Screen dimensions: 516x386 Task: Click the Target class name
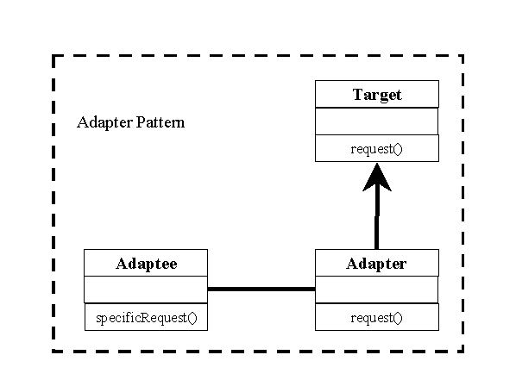click(377, 95)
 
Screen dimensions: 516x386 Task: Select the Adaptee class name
click(147, 264)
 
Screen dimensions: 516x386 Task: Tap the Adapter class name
click(376, 264)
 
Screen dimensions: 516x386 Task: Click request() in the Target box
click(376, 149)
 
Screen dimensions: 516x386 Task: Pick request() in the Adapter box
click(376, 318)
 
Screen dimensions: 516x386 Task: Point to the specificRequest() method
click(147, 318)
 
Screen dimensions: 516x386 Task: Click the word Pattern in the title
click(160, 122)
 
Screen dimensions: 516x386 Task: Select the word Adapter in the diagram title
click(104, 122)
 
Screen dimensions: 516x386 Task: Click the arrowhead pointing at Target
click(377, 179)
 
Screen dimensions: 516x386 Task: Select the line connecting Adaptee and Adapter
click(261, 289)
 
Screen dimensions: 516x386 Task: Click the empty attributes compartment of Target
click(377, 121)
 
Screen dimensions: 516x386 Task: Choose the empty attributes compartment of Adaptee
click(146, 289)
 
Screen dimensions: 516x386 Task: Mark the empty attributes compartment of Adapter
click(377, 289)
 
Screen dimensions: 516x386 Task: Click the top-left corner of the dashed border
click(53, 56)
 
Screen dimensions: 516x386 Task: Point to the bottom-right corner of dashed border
click(463, 352)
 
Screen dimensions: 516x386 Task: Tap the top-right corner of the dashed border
click(463, 56)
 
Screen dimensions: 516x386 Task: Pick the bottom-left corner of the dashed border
click(53, 352)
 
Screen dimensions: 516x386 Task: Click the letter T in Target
click(358, 94)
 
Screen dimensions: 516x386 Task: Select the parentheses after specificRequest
click(192, 318)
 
